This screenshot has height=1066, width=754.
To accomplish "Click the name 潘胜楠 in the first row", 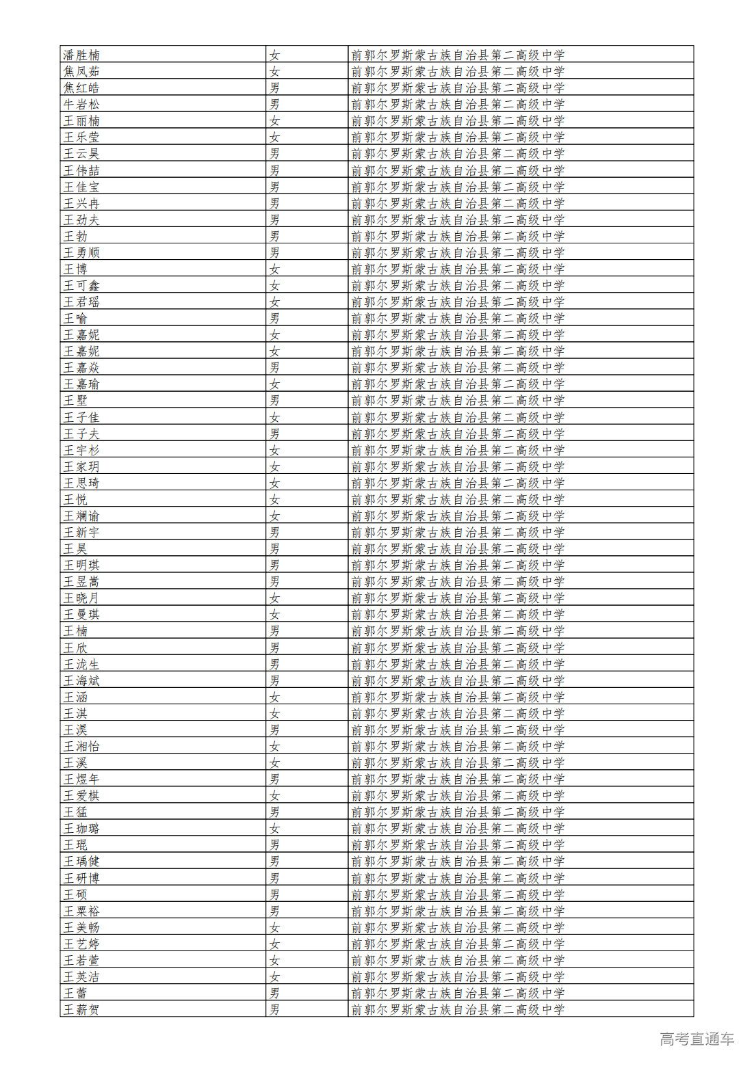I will point(81,55).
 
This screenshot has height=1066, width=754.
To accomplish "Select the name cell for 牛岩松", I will point(81,105).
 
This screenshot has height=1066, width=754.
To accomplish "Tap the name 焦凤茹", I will point(81,72).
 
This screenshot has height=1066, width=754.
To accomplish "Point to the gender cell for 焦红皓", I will point(274,88).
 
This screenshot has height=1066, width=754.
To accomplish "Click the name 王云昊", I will point(81,154).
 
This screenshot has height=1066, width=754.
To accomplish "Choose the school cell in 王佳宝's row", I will point(458,187).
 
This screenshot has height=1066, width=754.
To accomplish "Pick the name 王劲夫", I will point(81,220).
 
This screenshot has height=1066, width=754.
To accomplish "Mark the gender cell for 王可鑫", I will point(274,286).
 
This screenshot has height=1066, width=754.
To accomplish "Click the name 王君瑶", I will point(81,302).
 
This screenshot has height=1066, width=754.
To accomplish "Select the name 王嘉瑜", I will point(81,384).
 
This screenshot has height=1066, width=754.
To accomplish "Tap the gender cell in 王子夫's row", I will point(274,434).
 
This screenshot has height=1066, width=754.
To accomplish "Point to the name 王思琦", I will point(81,483).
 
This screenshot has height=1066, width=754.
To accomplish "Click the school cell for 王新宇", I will point(458,533).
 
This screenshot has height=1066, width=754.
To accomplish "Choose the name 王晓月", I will point(81,598).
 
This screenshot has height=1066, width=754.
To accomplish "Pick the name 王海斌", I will point(81,681).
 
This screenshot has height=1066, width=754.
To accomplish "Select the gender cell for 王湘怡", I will point(274,747).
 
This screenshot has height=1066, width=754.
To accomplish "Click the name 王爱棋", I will point(81,796).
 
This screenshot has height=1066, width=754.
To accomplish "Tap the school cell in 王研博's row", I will point(458,878).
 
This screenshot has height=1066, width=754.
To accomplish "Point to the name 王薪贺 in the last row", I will point(81,1010).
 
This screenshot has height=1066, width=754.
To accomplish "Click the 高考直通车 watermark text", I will point(697,1039).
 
